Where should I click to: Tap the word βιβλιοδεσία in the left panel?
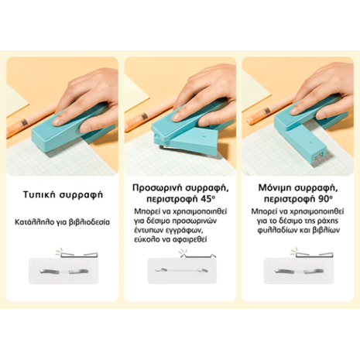point(90,222)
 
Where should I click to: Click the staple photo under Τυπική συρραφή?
point(63,271)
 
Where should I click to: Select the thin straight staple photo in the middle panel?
point(182,270)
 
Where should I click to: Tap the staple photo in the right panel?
point(299,271)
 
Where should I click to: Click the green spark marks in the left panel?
point(60,251)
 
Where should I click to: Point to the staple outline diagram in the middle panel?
point(198,255)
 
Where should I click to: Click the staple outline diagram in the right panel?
point(314,255)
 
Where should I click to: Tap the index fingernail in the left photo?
point(57,121)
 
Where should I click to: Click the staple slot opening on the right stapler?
point(320,155)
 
